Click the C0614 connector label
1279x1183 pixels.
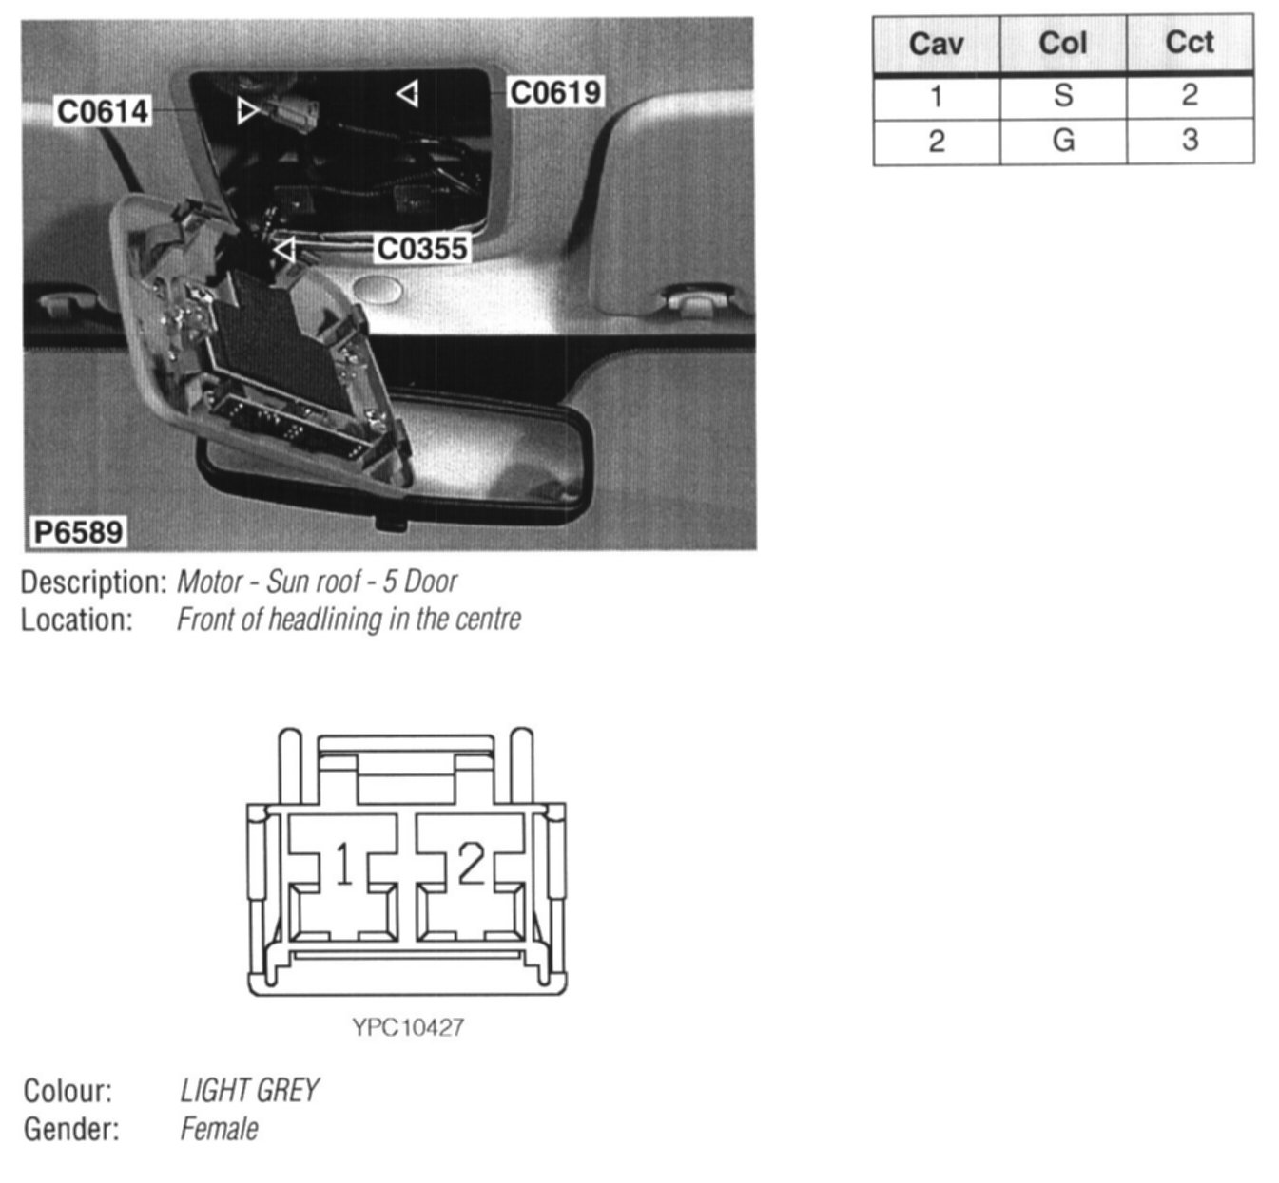tap(103, 111)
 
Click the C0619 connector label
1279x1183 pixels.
tap(555, 92)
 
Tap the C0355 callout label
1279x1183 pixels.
tap(422, 248)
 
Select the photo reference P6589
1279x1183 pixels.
tap(79, 531)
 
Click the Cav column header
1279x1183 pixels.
tap(936, 44)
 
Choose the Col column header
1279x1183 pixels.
tap(1062, 44)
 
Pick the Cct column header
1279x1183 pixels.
tap(1190, 44)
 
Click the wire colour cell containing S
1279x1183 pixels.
tap(1063, 96)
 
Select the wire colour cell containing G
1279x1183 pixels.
tap(1063, 141)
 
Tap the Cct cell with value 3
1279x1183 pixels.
tap(1190, 141)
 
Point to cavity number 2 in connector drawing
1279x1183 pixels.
tap(471, 865)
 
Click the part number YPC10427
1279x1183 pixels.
tap(408, 1027)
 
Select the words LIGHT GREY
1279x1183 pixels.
tap(249, 1090)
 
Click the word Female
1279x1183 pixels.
tap(219, 1129)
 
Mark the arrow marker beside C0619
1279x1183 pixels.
tap(408, 93)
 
